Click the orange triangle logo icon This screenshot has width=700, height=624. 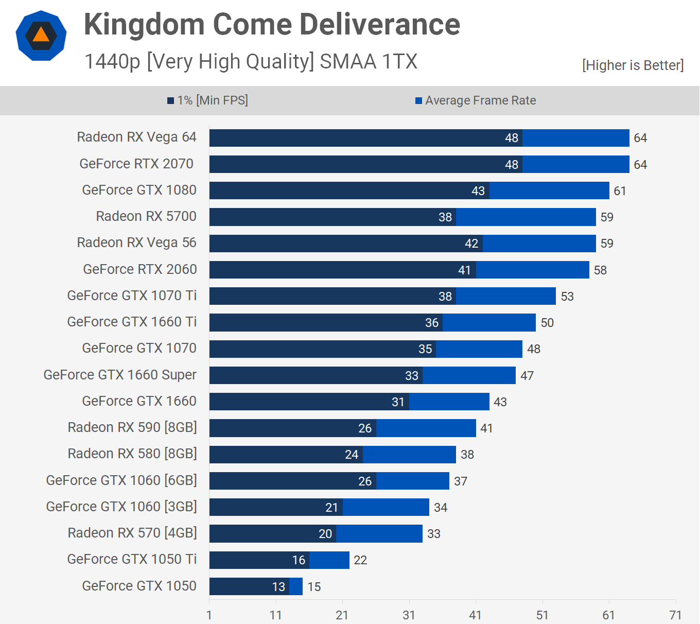tap(41, 35)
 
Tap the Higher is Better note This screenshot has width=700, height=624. tap(633, 65)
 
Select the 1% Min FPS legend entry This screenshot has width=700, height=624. tap(207, 100)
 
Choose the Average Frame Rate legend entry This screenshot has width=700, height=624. tap(476, 100)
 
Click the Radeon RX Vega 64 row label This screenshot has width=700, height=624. tap(136, 137)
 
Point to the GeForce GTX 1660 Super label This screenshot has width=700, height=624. tap(120, 375)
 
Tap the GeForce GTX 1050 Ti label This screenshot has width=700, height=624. tap(132, 559)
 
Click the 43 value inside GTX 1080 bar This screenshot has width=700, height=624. tap(478, 191)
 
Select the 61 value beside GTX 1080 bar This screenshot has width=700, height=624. tap(620, 191)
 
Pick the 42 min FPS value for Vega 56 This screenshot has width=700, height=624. tap(471, 244)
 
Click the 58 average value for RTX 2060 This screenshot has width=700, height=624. tap(600, 270)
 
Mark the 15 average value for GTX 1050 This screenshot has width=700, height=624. tap(314, 587)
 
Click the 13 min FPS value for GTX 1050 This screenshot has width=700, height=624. tap(278, 587)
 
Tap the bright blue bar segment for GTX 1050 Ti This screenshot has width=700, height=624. tap(329, 560)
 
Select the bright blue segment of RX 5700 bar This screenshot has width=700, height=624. tap(526, 217)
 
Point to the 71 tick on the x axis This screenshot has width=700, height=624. tap(675, 615)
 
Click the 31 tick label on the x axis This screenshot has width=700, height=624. tap(409, 615)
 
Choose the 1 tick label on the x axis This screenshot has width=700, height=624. tap(209, 615)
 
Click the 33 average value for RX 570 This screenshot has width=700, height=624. tap(434, 534)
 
